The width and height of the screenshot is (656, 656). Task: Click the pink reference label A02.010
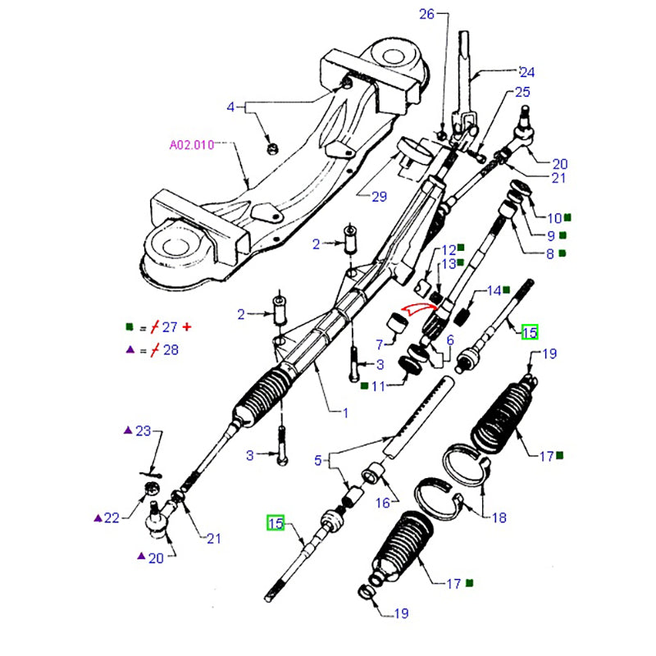pos(191,145)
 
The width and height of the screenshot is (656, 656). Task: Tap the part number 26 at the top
pos(426,14)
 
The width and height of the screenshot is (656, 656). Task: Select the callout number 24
pos(526,71)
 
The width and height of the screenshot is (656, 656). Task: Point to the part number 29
pos(377,197)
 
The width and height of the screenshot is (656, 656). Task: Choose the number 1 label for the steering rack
pos(345,412)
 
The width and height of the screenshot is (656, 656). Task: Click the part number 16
pos(383,503)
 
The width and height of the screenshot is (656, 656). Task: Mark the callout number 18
pos(499,517)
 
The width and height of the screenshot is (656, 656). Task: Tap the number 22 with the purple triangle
pos(112,517)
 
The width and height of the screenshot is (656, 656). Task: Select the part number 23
pos(143,430)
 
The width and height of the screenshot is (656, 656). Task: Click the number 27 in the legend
pos(169,327)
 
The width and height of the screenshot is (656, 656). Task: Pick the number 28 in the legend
pos(169,350)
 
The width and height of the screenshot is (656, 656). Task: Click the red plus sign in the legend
pos(187,327)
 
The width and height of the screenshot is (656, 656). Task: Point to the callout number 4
pos(230,107)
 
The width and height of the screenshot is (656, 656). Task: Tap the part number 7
pos(380,344)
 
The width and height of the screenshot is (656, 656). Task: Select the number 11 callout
pos(378,385)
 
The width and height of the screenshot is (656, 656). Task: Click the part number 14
pos(494,290)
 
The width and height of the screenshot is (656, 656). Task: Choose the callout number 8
pos(549,254)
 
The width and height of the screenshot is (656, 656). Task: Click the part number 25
pos(522,93)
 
